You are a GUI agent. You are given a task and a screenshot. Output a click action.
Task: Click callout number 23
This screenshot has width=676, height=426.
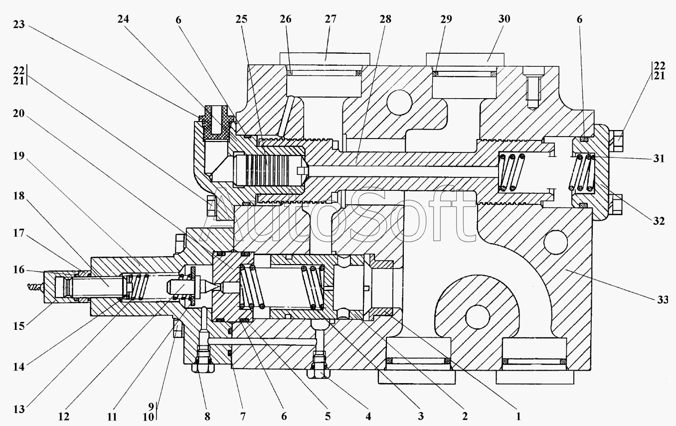[19, 24]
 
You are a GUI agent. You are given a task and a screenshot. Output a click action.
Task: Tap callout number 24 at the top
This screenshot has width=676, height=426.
[123, 19]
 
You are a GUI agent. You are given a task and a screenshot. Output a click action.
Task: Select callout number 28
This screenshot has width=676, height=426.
[385, 19]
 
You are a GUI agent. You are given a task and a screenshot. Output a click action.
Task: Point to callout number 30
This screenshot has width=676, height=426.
[504, 19]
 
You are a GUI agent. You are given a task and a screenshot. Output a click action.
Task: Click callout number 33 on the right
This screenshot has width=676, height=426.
[663, 299]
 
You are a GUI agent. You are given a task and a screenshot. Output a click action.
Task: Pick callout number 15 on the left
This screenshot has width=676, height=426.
[19, 326]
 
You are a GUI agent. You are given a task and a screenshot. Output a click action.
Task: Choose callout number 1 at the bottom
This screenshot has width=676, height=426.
[518, 417]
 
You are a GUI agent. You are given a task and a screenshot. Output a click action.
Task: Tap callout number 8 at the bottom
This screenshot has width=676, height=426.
[207, 417]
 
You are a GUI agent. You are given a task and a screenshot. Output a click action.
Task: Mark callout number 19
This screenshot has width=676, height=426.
[19, 156]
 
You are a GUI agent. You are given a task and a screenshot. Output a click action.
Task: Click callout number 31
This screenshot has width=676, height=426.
[659, 158]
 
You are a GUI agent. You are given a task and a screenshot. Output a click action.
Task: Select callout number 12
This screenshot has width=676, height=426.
[64, 417]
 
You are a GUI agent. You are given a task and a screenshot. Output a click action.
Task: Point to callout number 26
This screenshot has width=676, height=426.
[286, 19]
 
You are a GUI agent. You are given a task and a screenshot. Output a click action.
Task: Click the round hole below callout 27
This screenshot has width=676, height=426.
[399, 102]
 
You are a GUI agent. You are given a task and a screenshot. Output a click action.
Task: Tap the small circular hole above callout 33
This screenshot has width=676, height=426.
[555, 243]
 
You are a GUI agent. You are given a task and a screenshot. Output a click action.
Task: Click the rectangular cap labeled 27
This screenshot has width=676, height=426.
[325, 59]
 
